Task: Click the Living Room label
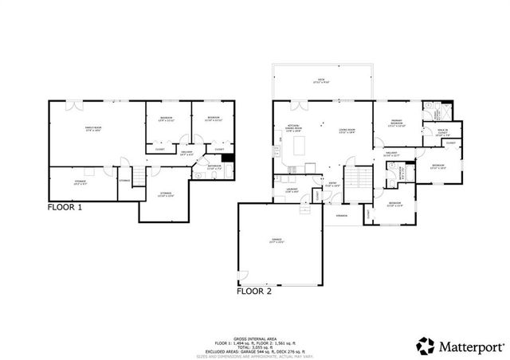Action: [x=346, y=131]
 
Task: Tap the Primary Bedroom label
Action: [x=396, y=124]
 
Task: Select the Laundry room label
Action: [x=292, y=190]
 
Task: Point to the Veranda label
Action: [x=341, y=215]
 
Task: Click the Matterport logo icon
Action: [x=426, y=346]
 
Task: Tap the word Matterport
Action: [x=469, y=346]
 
